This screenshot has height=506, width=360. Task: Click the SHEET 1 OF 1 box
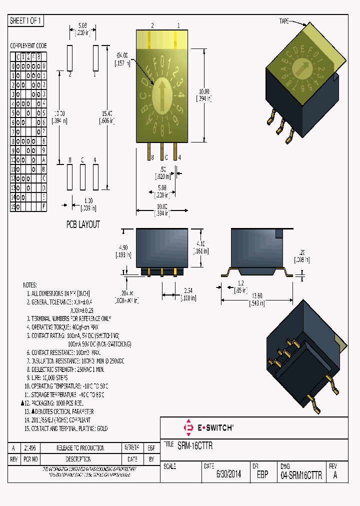point(26,21)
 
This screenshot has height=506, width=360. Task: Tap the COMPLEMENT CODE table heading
point(28,45)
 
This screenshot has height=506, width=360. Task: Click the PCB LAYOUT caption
point(83,224)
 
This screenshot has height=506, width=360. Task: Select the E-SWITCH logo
point(209,428)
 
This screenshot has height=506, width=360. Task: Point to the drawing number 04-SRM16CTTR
point(301,475)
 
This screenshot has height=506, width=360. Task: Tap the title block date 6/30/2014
point(228,475)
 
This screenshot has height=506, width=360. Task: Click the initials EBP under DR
point(262,475)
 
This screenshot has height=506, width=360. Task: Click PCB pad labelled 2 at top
point(70,58)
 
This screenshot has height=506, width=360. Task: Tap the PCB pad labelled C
point(82,176)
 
